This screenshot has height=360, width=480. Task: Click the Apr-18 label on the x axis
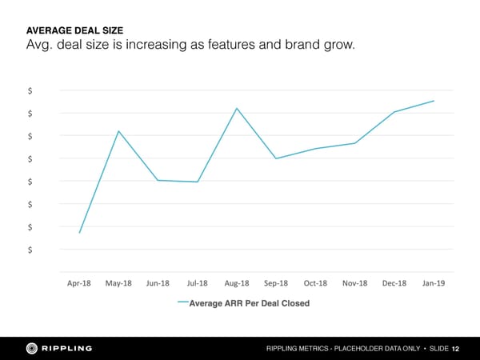coord(79,283)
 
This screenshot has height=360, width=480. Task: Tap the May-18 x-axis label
coord(118,283)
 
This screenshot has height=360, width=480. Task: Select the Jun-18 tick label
coord(158,283)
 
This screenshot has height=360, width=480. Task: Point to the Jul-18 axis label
coord(197,283)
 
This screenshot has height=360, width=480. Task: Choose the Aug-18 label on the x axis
coord(237,283)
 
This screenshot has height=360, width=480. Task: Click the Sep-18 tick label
coord(276,283)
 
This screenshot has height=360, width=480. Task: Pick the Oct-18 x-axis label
coord(315,283)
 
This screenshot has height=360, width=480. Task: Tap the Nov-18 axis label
coord(354,283)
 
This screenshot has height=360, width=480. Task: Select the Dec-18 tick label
coord(394,283)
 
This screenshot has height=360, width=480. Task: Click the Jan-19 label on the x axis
coord(434,283)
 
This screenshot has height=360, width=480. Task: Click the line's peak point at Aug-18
coord(237,108)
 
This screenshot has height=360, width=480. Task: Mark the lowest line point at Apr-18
coord(80,233)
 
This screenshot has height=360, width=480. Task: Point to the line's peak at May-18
coord(119,131)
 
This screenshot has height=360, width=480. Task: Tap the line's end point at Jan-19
coord(434,101)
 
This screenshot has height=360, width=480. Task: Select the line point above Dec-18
coord(394,112)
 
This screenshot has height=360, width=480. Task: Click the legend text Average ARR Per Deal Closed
coord(249,303)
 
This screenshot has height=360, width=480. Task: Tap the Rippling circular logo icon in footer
coord(32,348)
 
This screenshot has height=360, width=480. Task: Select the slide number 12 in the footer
coord(455,349)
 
